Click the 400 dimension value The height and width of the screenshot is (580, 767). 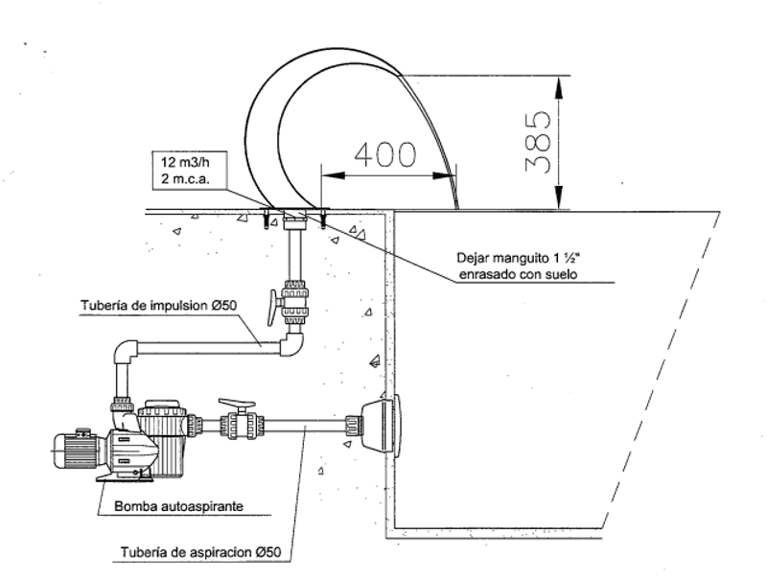(x=385, y=154)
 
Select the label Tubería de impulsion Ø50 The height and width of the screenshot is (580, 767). (x=158, y=306)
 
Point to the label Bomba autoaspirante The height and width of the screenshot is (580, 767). (x=178, y=506)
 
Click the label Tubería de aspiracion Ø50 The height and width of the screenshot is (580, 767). (x=200, y=552)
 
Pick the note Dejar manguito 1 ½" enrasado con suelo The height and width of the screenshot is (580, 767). (x=518, y=267)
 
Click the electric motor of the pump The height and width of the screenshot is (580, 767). (x=79, y=449)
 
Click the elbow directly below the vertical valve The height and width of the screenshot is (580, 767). (x=292, y=342)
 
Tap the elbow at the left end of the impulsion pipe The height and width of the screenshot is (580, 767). (x=127, y=352)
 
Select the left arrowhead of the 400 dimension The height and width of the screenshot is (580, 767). (x=333, y=175)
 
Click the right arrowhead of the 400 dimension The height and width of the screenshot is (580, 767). (x=444, y=175)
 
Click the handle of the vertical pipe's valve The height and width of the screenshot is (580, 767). (x=273, y=307)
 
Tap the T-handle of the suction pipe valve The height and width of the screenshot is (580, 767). (x=237, y=404)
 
